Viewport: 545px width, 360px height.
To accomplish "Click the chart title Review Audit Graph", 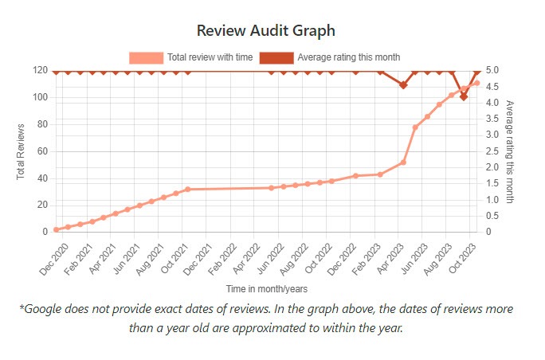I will pos(266,30).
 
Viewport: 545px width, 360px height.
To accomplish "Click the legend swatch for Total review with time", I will pos(147,57).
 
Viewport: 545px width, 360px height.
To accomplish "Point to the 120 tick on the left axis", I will pos(40,70).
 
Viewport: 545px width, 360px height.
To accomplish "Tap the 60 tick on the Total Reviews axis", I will pos(42,151).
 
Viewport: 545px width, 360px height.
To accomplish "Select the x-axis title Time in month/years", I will pos(266,288).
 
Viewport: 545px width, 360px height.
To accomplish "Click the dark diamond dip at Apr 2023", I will pos(404,85).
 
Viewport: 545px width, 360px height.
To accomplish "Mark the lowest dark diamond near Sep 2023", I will pos(464,96).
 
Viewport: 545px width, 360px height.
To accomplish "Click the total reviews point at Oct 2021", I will pos(187,190).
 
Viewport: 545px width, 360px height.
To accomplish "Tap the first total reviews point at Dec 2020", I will pos(56,229).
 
